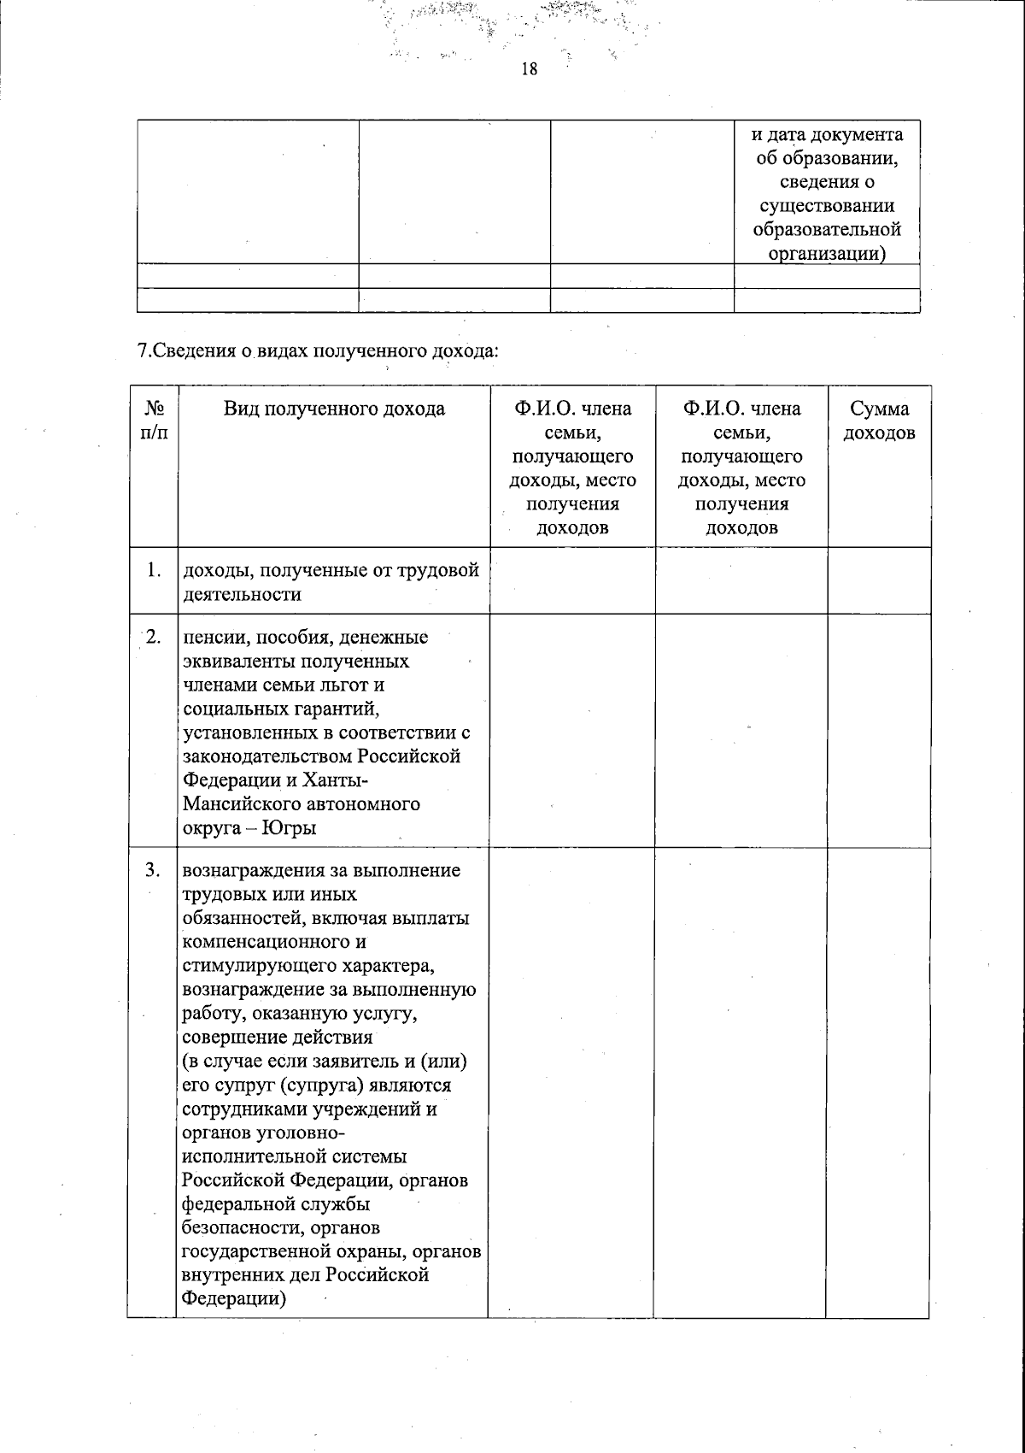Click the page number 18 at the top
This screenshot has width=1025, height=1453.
[529, 69]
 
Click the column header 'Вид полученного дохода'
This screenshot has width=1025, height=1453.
[334, 409]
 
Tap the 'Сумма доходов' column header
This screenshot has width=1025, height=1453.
[879, 421]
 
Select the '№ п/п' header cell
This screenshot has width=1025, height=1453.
[154, 421]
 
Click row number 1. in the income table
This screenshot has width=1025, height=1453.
[154, 569]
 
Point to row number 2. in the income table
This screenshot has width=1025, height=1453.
[154, 637]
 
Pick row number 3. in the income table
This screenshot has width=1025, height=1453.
[154, 870]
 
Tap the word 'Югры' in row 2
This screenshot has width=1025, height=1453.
[289, 827]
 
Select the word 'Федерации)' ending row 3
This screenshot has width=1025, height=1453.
[233, 1298]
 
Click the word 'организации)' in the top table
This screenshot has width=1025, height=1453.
[826, 253]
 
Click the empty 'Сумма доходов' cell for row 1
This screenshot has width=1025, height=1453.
[879, 580]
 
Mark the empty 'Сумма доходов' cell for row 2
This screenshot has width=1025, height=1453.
[879, 731]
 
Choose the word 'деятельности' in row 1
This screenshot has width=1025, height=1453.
[242, 594]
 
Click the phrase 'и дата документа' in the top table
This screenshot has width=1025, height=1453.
[826, 134]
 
